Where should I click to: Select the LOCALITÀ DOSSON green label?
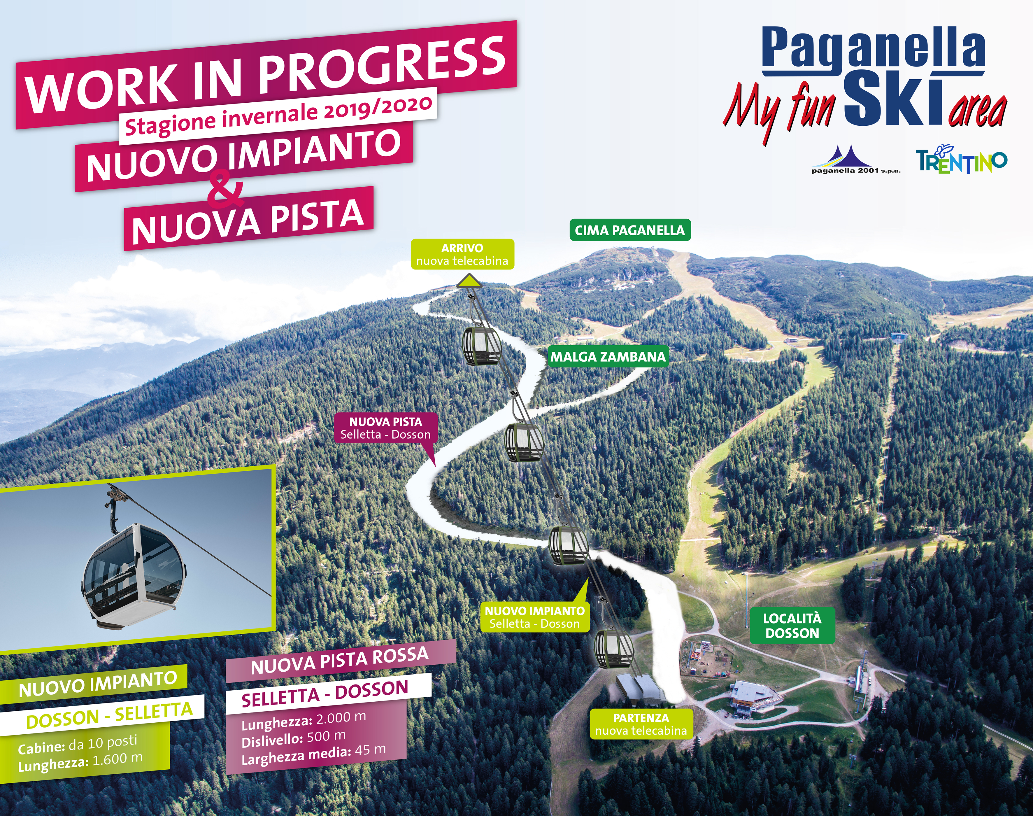click(792, 626)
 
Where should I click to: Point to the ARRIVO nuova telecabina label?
click(462, 254)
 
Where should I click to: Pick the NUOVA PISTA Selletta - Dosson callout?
click(385, 428)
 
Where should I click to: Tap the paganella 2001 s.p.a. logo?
click(856, 160)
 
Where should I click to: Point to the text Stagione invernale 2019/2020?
click(278, 115)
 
